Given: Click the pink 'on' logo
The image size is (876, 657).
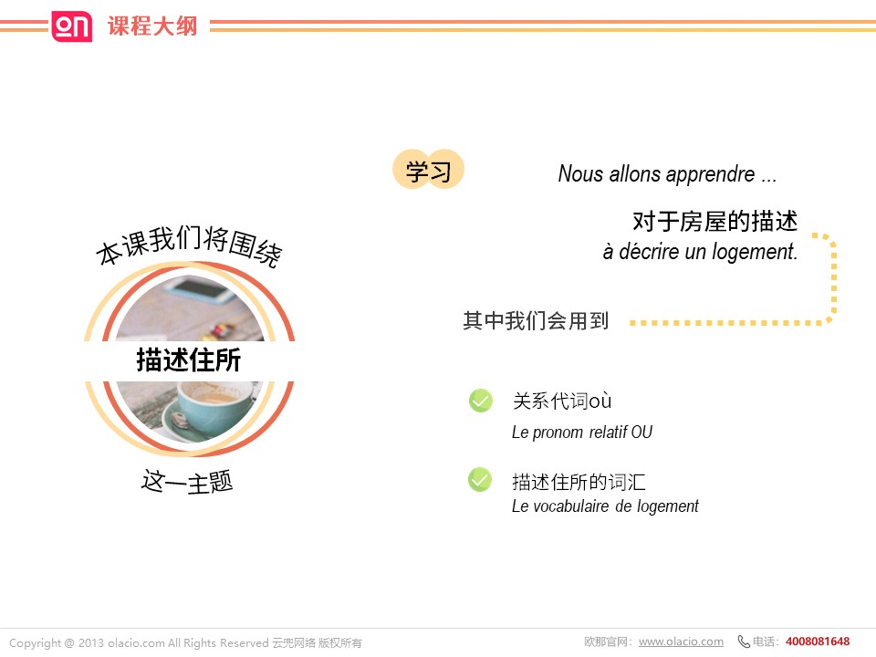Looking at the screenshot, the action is click(71, 26).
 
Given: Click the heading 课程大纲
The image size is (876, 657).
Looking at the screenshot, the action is click(152, 26).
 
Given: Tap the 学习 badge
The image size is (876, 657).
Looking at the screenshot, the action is click(429, 170).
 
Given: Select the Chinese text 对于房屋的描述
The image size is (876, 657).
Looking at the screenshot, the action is click(715, 221).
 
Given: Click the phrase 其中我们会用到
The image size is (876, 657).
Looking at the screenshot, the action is click(536, 320).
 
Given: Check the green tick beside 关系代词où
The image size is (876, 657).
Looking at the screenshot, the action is click(481, 400).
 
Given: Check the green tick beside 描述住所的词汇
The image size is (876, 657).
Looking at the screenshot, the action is click(480, 479).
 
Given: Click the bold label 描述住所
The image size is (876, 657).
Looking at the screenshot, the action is click(189, 360).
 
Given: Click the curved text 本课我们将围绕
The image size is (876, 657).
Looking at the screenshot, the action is click(190, 245).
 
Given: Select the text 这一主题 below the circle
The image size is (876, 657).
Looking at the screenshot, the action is click(187, 482).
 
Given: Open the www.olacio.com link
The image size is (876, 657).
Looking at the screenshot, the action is click(681, 641).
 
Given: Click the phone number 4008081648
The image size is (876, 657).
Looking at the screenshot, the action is click(818, 641).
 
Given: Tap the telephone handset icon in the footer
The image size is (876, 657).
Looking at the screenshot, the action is click(744, 641).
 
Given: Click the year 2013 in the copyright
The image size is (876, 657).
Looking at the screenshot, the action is click(91, 643).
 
